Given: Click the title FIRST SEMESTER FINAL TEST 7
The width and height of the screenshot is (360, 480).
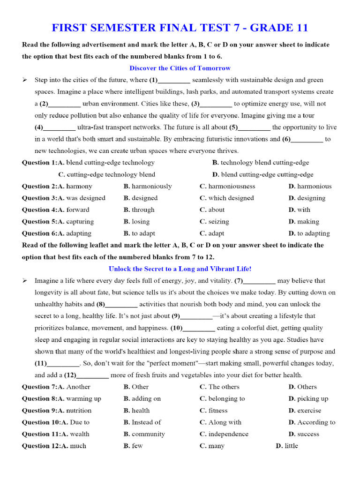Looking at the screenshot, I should tap(180, 28).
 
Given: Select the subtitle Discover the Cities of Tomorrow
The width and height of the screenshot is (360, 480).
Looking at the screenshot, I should tap(180, 68).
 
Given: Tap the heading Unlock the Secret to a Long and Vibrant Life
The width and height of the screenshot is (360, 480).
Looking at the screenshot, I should tap(180, 269).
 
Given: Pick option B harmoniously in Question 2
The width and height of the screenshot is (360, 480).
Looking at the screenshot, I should tap(148, 186).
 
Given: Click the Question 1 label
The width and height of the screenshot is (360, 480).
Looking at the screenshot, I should tap(38, 163).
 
